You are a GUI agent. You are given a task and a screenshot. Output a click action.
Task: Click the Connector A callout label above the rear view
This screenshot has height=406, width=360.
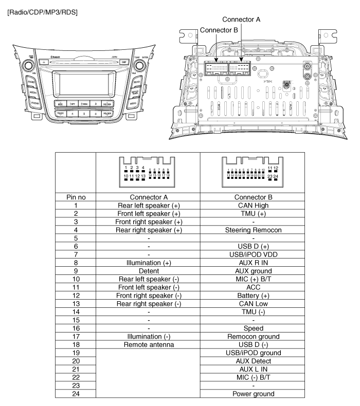pyautogui.click(x=241, y=20)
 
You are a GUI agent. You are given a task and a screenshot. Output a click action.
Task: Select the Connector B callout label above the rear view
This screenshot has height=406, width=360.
pyautogui.click(x=219, y=30)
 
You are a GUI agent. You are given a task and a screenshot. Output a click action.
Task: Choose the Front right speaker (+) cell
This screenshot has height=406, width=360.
pyautogui.click(x=148, y=222)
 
